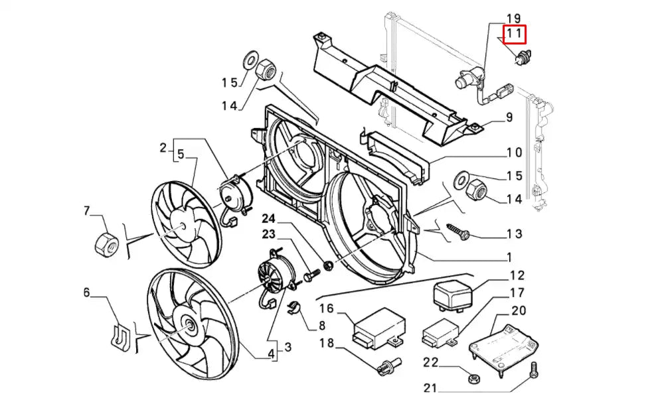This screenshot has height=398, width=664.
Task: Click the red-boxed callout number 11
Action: click(x=514, y=34)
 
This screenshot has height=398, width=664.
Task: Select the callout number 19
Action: click(x=514, y=18)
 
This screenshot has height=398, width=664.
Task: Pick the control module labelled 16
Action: click(x=379, y=328)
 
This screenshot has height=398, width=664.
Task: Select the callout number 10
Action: click(x=515, y=153)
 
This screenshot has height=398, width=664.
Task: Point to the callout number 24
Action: click(x=269, y=219)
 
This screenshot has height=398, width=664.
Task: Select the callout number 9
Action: click(x=509, y=117)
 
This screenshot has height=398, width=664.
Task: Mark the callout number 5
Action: click(x=181, y=155)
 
